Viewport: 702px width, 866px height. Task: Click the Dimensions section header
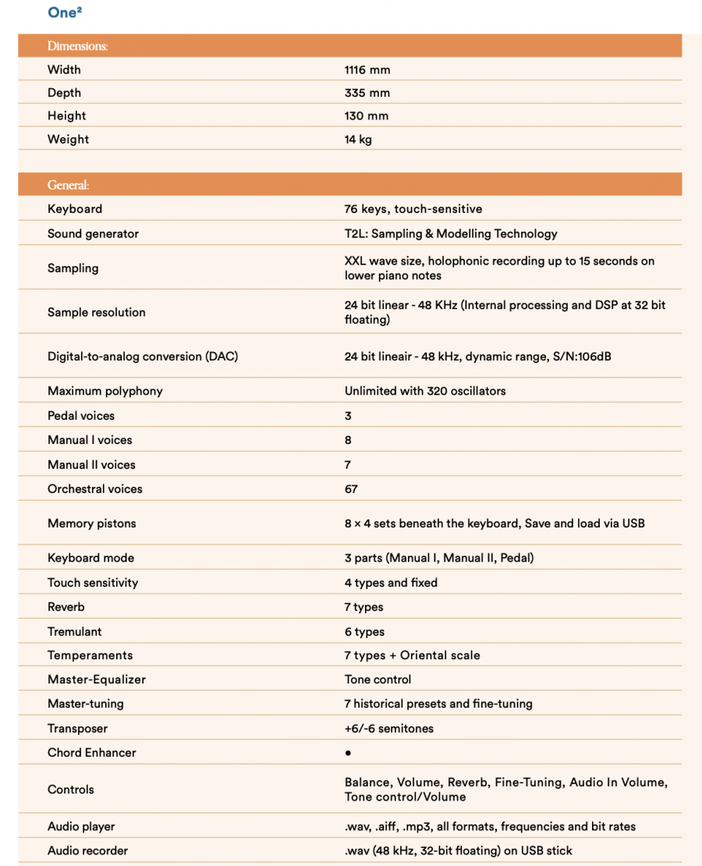point(77,46)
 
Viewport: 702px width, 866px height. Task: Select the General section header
point(69,185)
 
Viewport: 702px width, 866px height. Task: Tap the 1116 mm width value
point(367,69)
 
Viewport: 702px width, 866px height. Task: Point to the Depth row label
point(64,93)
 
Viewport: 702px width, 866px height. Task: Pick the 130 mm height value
point(367,115)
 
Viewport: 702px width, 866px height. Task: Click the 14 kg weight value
point(358,139)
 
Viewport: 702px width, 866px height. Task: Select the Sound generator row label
point(93,233)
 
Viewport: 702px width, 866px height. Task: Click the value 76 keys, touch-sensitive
point(413,209)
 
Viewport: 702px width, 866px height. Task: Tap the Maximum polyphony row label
point(105,391)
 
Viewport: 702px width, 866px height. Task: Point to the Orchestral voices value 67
point(351,489)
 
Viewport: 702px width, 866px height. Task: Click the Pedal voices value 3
point(348,416)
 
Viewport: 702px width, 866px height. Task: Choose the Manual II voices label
point(91,465)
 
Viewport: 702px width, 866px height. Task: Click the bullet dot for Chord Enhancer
point(348,753)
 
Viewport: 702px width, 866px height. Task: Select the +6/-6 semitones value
point(389,729)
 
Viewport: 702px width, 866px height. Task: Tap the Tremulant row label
point(75,632)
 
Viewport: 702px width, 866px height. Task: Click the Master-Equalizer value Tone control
point(378,680)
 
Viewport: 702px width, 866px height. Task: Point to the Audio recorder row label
point(87,850)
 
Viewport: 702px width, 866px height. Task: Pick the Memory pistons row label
point(91,524)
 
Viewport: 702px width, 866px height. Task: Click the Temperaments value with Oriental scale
point(413,655)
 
